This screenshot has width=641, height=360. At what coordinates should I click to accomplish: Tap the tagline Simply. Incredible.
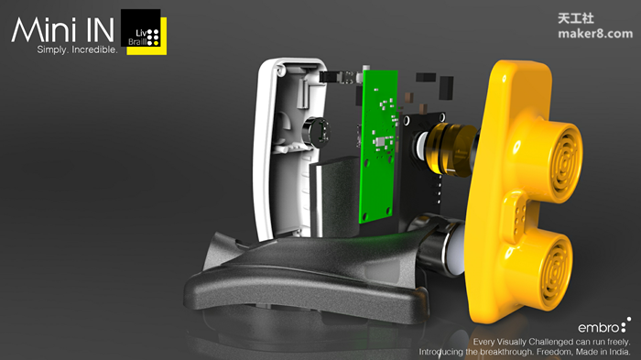77,49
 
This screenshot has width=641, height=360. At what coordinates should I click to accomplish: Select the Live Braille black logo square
141,27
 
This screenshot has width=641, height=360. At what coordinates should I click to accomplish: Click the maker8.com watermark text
595,34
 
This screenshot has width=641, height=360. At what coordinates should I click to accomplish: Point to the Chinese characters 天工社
576,18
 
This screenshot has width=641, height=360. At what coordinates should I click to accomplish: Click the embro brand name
599,328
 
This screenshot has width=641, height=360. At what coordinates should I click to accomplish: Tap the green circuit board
378,146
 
